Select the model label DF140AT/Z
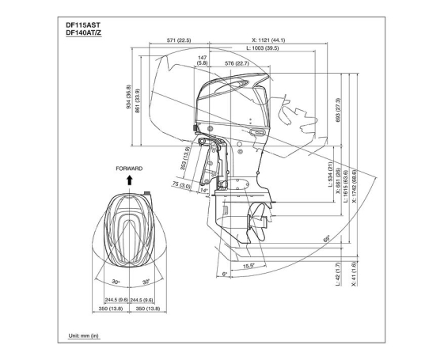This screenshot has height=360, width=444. click(x=83, y=32)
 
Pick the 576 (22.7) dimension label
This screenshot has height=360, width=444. click(x=236, y=63)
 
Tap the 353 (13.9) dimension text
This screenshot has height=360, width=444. click(x=187, y=159)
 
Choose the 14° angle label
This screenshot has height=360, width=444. click(x=204, y=191)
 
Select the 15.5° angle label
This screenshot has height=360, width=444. click(x=248, y=267)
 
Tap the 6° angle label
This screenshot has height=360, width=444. click(x=224, y=274)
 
